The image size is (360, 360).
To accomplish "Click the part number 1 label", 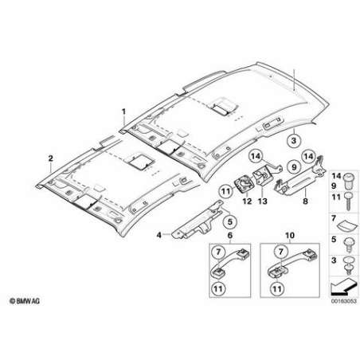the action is click(x=123, y=112).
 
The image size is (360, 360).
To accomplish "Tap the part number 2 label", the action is click(x=50, y=158).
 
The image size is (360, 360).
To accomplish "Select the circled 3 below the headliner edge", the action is click(x=294, y=140).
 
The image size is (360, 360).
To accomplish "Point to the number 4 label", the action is click(x=158, y=235).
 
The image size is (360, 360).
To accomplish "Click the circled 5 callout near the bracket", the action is click(x=230, y=221).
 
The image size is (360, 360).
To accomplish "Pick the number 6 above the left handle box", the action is click(x=230, y=235).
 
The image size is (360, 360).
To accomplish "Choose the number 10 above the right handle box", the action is click(x=290, y=235).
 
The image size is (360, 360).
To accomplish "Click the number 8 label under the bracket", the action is click(x=305, y=201).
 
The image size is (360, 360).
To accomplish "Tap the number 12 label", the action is click(x=247, y=201).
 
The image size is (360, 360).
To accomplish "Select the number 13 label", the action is click(x=262, y=201).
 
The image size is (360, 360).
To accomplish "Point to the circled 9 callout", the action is click(x=294, y=167).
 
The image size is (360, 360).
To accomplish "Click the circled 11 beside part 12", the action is click(x=225, y=191).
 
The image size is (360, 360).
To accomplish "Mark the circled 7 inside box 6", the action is click(x=218, y=252).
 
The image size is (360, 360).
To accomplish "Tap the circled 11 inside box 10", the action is click(x=277, y=288).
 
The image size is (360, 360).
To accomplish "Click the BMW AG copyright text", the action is click(x=25, y=301).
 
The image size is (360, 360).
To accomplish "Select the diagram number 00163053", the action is click(x=343, y=301).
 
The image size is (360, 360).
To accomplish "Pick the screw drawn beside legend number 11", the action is click(x=347, y=201).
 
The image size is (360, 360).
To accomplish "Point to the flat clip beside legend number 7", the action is click(x=347, y=227).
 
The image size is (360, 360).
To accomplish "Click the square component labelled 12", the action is click(x=242, y=184).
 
